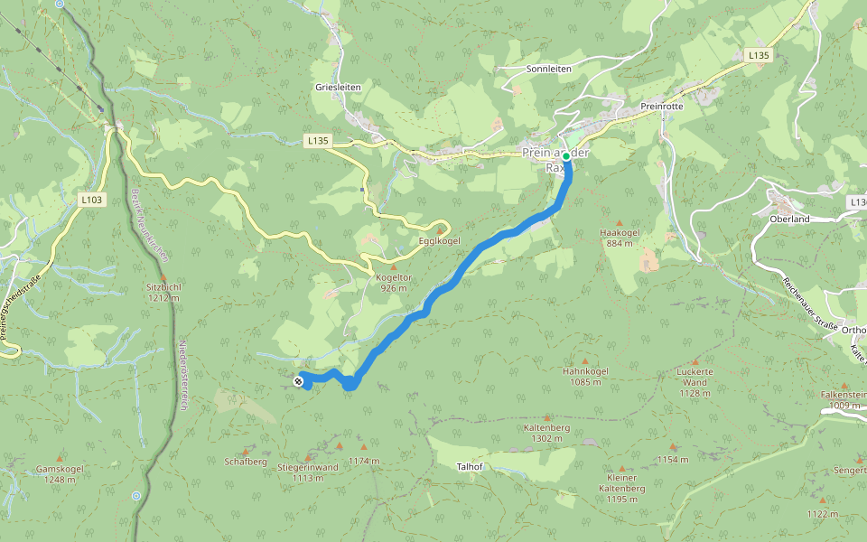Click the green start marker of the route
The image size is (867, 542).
click(566, 156)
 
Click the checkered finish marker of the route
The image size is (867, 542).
click(298, 382)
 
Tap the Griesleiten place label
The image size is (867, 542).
click(338, 87)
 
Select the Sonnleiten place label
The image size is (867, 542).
click(548, 69)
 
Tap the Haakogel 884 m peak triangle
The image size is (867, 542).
click(620, 222)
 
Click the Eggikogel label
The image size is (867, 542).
click(440, 241)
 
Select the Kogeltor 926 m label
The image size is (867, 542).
click(392, 283)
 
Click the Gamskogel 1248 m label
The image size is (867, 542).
click(60, 474)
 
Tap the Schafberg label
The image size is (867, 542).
click(246, 462)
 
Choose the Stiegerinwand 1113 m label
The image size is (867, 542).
click(308, 472)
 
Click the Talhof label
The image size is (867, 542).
click(471, 466)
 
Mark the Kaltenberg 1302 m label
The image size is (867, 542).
click(547, 433)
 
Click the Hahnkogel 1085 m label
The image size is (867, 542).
click(585, 376)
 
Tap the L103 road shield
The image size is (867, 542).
click(90, 200)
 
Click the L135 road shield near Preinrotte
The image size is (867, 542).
click(759, 56)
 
